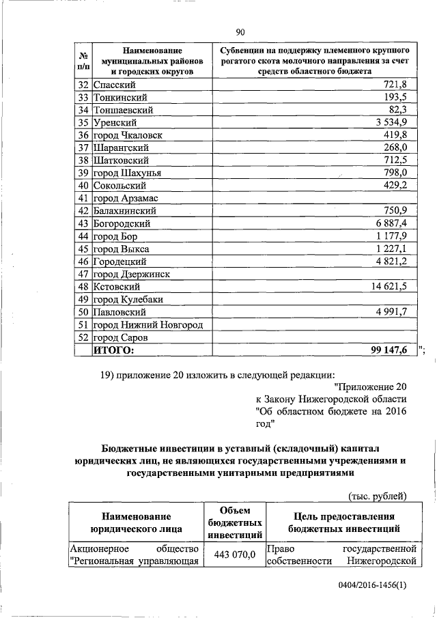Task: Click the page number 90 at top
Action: pos(240,31)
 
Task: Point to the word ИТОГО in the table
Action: pos(114,350)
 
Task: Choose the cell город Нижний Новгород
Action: pos(147,324)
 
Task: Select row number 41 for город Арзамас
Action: pos(83,198)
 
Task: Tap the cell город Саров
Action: pos(121,337)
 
